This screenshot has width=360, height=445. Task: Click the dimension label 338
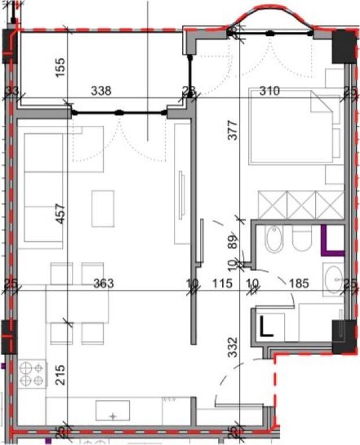(x=101, y=91)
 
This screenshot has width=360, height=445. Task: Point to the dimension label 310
(x=270, y=91)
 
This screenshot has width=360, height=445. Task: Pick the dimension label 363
(x=104, y=283)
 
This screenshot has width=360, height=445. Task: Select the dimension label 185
(x=299, y=283)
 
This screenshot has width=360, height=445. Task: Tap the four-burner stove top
(x=32, y=374)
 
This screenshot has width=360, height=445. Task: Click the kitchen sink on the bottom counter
(x=114, y=411)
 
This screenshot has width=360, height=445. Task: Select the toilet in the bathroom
(x=301, y=238)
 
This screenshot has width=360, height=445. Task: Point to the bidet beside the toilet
(x=274, y=238)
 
